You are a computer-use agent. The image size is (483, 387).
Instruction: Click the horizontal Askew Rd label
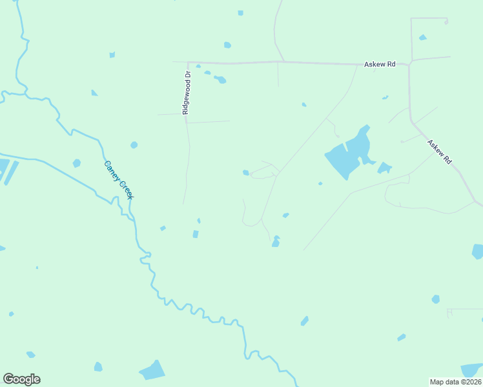[379, 64]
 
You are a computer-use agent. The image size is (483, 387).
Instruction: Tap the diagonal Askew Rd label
[439, 152]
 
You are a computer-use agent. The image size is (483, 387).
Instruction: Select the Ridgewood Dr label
[187, 93]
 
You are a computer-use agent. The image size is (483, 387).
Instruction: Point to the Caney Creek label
[118, 179]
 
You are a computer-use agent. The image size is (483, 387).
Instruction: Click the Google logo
[21, 379]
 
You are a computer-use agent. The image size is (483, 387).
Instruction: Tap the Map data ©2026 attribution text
[456, 381]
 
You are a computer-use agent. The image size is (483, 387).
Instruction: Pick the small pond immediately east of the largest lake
[384, 168]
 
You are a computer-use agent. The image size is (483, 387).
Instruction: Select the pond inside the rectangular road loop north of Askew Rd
[422, 37]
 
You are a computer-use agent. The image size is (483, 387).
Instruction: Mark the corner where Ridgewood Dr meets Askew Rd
[188, 63]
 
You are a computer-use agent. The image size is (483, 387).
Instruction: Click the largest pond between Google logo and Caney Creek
[152, 370]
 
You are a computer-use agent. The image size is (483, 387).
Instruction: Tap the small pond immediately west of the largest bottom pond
[98, 367]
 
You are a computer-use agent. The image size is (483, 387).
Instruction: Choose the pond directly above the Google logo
[30, 355]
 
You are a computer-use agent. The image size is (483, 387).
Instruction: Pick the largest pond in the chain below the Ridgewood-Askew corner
[220, 80]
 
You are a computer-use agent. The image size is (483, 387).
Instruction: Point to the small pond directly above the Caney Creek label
[134, 145]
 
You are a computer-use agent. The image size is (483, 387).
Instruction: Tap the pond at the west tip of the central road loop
[245, 172]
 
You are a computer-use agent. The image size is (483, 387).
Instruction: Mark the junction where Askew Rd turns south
[409, 64]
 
